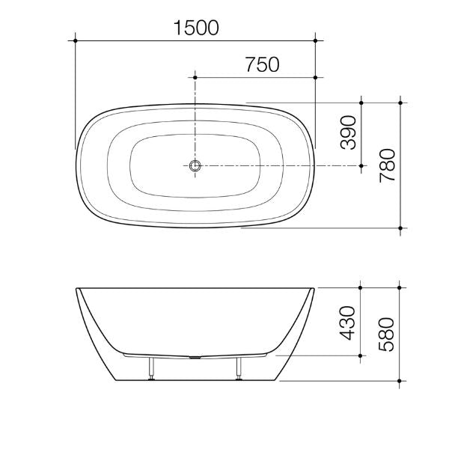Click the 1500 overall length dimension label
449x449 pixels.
196,28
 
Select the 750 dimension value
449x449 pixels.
262,65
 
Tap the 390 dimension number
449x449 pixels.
349,133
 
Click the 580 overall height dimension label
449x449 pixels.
388,333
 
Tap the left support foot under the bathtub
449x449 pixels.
153,368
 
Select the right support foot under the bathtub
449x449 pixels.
239,368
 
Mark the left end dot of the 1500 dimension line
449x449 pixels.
76,40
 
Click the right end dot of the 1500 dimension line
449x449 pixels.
316,40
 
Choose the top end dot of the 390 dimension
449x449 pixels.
362,101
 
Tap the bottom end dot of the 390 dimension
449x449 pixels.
362,165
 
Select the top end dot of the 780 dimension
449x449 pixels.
402,101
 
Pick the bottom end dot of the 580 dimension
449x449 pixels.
402,380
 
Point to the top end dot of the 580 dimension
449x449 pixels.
402,286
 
